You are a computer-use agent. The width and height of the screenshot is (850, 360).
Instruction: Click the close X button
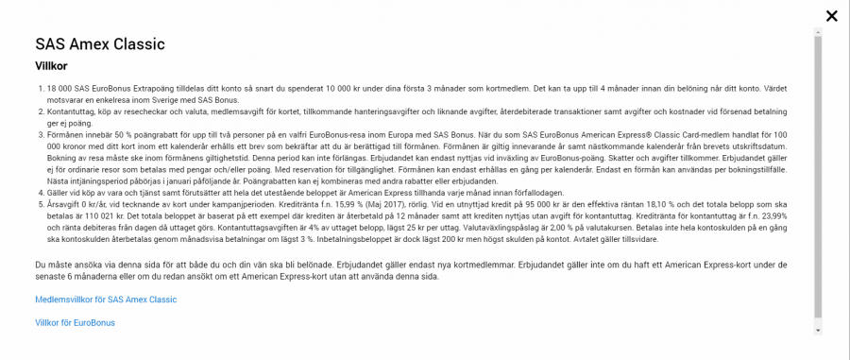click(x=831, y=15)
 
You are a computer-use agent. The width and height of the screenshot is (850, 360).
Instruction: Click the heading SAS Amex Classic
click(x=100, y=44)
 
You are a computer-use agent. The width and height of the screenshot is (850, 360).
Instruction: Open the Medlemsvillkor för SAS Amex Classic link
click(x=106, y=300)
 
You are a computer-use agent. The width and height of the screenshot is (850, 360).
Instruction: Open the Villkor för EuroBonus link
click(x=75, y=323)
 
